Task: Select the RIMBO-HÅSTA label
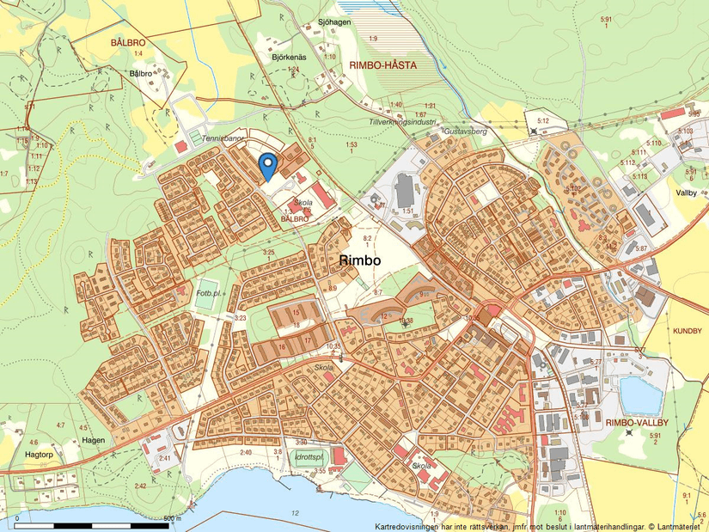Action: point(384,64)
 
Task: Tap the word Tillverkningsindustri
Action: point(399,122)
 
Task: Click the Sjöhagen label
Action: point(334,22)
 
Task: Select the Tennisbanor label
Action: point(217,138)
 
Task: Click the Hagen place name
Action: point(94,440)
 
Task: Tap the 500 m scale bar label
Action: point(172,518)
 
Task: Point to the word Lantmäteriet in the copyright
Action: point(682,525)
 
